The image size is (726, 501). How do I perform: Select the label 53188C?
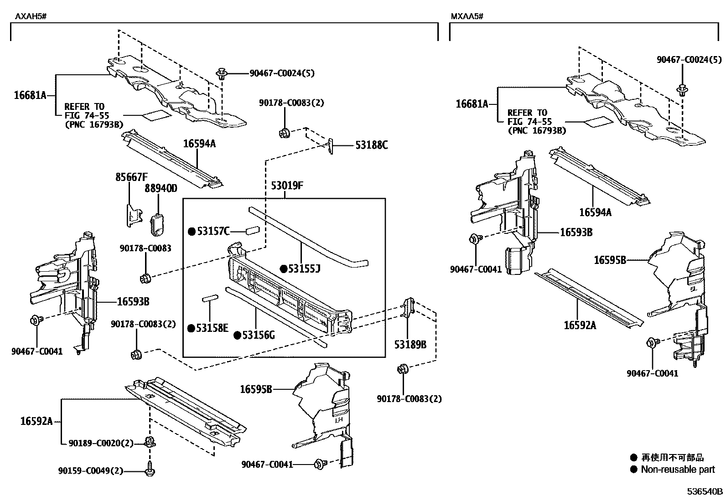(372, 145)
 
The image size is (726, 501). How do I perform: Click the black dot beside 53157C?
(192, 231)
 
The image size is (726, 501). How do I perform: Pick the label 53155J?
(304, 269)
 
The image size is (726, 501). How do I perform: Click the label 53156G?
(259, 335)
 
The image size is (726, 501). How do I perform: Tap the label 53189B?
(410, 344)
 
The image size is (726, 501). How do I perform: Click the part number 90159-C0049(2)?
(91, 471)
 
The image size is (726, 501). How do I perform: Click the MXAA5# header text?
(467, 17)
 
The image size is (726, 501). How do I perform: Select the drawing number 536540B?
(705, 491)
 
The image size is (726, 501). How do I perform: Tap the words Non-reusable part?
(678, 469)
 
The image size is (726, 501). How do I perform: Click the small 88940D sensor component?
(157, 224)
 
